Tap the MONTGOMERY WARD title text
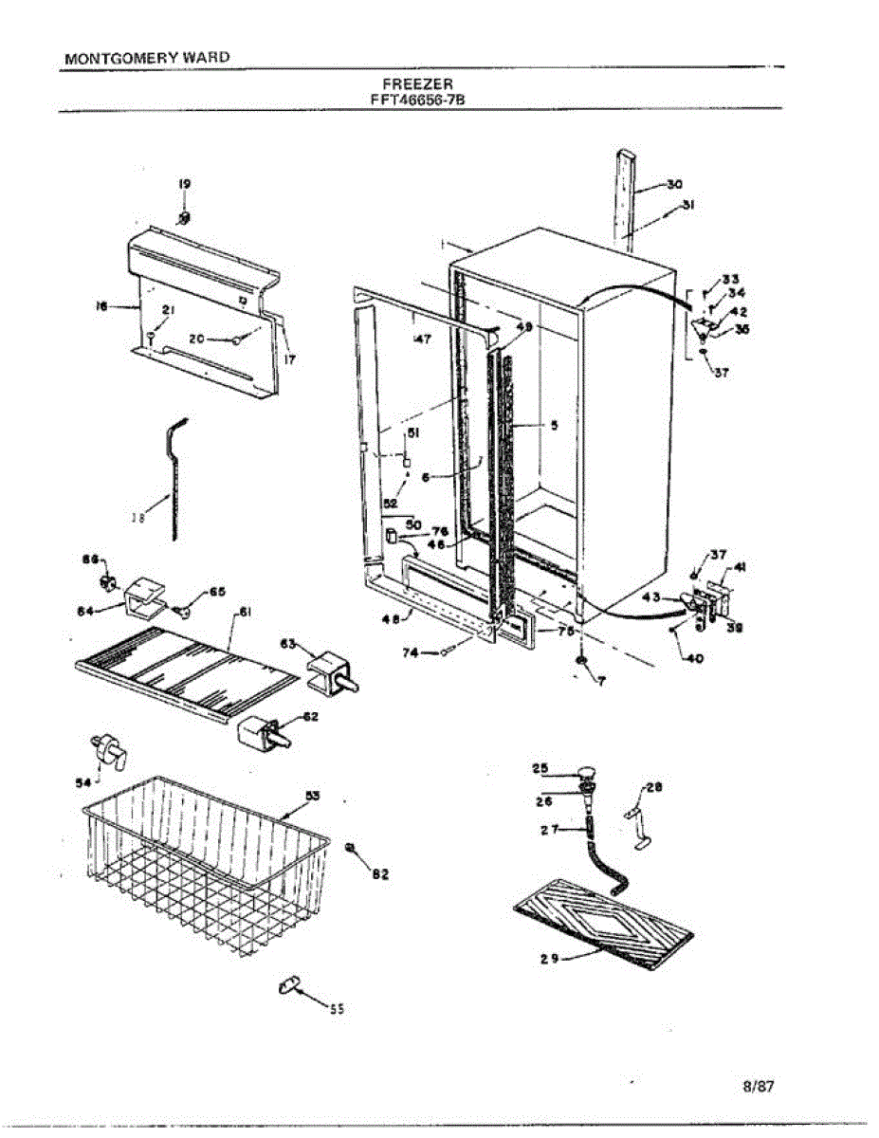point(147,58)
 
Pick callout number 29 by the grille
point(549,959)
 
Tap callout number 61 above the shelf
point(244,614)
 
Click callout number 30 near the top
point(674,185)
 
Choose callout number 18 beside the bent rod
point(138,518)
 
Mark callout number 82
point(380,873)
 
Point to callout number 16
point(101,305)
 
